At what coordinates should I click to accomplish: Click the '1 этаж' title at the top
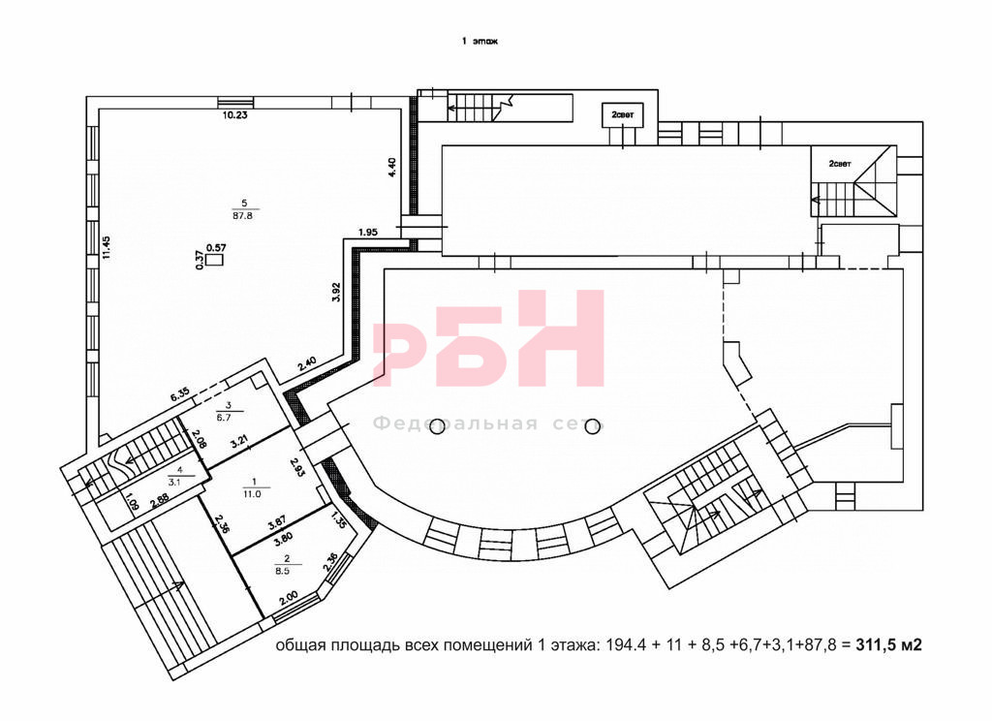[x=480, y=41]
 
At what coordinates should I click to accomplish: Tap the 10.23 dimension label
[x=234, y=115]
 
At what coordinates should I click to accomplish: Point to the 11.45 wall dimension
[x=107, y=247]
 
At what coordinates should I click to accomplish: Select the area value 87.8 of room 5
[x=244, y=215]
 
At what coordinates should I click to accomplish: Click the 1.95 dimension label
[x=367, y=233]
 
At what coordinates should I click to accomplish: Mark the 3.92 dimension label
[x=336, y=292]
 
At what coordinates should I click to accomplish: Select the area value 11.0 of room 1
[x=252, y=493]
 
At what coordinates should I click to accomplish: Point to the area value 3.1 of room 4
[x=174, y=482]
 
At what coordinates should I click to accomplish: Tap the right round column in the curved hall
[x=593, y=427]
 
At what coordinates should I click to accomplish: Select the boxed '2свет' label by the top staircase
[x=623, y=115]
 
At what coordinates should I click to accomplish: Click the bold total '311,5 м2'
[x=889, y=645]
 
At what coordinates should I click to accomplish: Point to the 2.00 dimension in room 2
[x=289, y=598]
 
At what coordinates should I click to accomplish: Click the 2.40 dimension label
[x=307, y=364]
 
